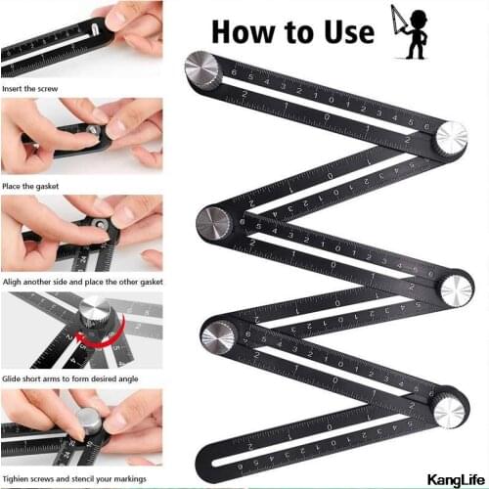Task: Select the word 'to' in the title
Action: pyautogui.click(x=294, y=31)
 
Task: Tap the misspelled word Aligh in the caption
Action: pyautogui.click(x=16, y=282)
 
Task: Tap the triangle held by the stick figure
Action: pyautogui.click(x=394, y=19)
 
